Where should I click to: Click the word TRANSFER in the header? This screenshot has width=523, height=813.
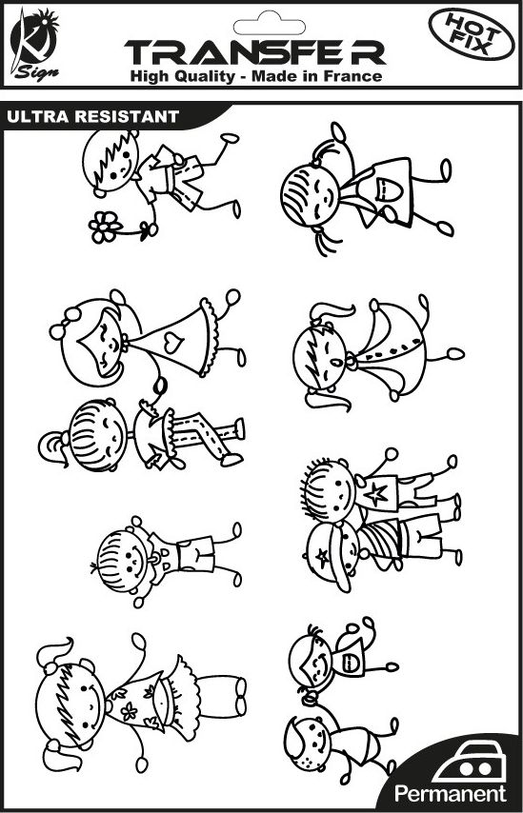pyautogui.click(x=254, y=51)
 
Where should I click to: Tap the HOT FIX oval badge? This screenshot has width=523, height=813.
pyautogui.click(x=472, y=34)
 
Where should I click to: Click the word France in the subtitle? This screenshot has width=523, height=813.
pyautogui.click(x=352, y=77)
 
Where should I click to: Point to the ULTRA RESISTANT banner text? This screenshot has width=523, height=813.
pyautogui.click(x=92, y=116)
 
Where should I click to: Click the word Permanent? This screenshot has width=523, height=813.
pyautogui.click(x=450, y=794)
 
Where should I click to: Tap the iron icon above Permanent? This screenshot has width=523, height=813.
pyautogui.click(x=470, y=762)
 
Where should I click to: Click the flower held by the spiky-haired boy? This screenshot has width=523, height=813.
pyautogui.click(x=105, y=227)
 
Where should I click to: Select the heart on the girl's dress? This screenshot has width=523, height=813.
pyautogui.click(x=173, y=342)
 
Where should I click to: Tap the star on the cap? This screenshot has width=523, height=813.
pyautogui.click(x=323, y=558)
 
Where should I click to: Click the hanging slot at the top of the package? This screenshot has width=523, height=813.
pyautogui.click(x=269, y=26)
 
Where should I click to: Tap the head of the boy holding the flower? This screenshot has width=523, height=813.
pyautogui.click(x=111, y=160)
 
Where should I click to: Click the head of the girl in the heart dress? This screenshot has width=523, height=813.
pyautogui.click(x=92, y=342)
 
